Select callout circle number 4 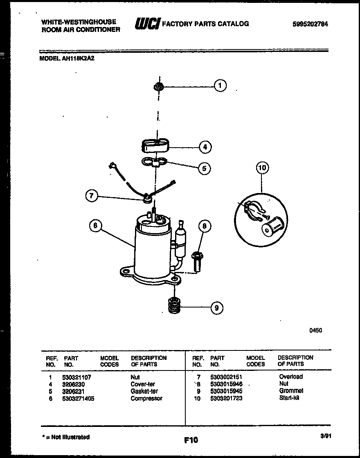point(205,146)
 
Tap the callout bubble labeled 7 point(92,196)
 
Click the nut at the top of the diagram point(158,86)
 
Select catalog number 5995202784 point(310,24)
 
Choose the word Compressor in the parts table point(146,398)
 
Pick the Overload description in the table point(291,377)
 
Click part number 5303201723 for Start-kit point(226,398)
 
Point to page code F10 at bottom point(191,440)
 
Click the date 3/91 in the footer point(326,436)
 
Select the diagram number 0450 point(315,330)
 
